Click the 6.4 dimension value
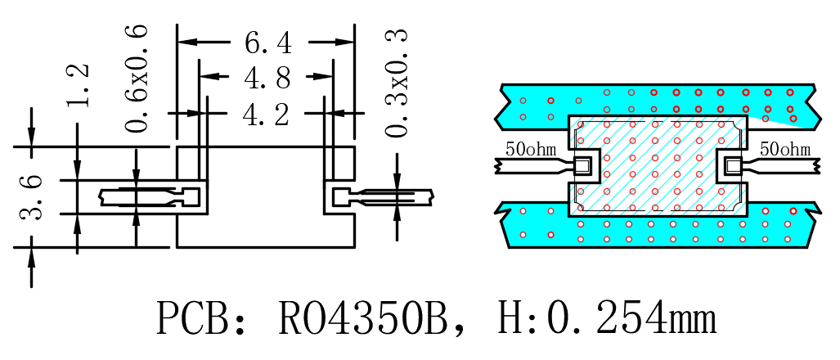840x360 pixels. tap(268, 43)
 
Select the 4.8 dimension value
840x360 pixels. tap(267, 79)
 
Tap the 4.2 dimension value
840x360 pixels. tap(267, 114)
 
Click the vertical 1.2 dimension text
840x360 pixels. tap(79, 86)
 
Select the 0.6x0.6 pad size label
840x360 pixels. tap(136, 79)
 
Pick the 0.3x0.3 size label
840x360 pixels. tap(397, 83)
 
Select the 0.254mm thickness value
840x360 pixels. tap(631, 317)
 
